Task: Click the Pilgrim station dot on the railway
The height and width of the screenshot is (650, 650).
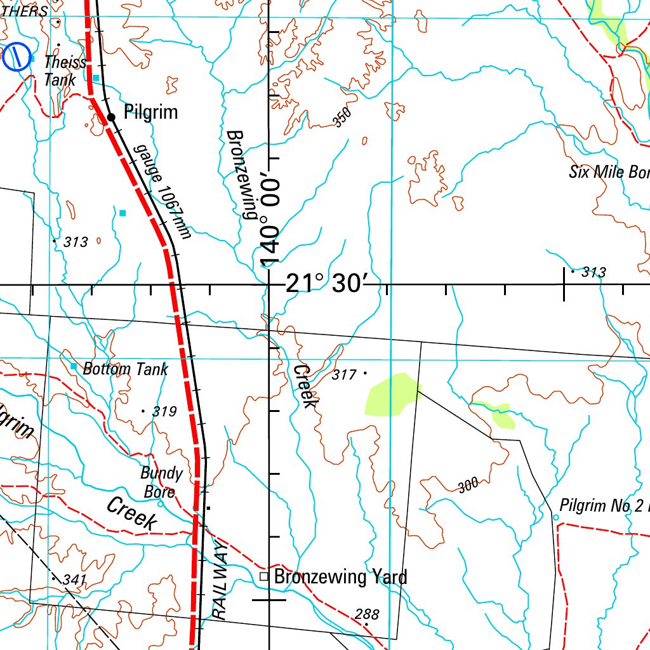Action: tap(111, 117)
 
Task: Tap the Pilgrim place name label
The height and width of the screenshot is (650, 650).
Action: tap(151, 113)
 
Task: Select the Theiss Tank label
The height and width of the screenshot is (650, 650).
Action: tap(64, 70)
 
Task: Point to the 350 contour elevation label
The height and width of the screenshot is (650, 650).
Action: tap(342, 117)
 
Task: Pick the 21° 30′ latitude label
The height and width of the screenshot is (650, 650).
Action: tap(332, 284)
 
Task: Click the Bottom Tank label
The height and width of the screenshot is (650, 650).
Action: tap(126, 369)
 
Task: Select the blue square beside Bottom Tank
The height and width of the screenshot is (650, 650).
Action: tap(74, 367)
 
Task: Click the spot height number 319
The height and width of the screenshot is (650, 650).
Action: tap(164, 412)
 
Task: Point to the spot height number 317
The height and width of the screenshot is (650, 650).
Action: tap(343, 375)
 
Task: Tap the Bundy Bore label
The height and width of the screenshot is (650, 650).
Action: tap(161, 482)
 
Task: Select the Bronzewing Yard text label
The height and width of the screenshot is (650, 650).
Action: tap(340, 577)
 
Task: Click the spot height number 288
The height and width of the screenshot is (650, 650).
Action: tap(367, 614)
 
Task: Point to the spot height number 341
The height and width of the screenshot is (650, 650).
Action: tap(74, 580)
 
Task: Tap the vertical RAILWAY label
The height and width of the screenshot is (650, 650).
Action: tap(219, 581)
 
